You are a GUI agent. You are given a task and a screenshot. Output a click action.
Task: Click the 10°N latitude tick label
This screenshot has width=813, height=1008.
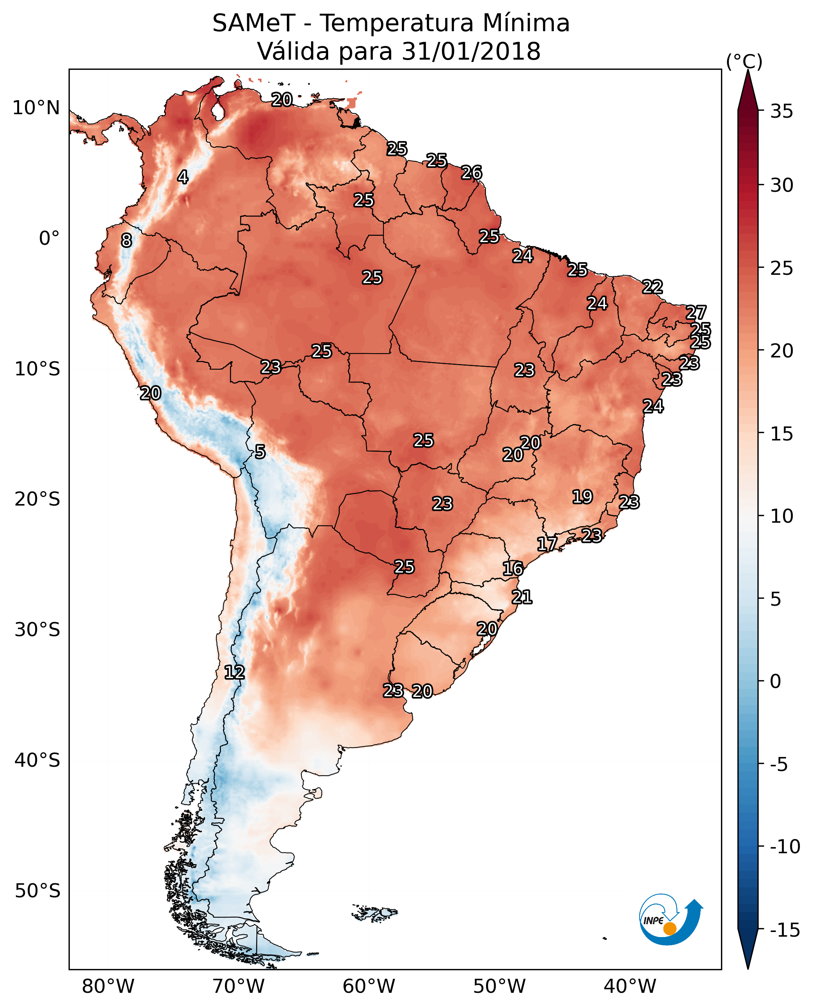[36, 108]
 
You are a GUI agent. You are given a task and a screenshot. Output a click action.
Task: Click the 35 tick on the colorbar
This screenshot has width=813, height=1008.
[781, 111]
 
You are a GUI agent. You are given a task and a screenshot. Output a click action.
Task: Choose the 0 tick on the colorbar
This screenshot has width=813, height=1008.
[776, 681]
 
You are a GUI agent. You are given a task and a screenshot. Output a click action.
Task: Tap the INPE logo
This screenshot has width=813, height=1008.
[671, 920]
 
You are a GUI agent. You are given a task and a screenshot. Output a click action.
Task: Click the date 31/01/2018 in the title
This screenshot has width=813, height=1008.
[471, 51]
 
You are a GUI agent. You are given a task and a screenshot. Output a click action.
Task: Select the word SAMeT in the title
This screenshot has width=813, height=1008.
[253, 23]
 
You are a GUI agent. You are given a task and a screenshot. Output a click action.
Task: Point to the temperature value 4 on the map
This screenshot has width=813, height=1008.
[183, 177]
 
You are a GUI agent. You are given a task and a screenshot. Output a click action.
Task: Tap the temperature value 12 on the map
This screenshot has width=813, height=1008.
[234, 673]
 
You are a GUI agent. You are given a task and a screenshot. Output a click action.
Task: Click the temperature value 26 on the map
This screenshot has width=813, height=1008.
[471, 173]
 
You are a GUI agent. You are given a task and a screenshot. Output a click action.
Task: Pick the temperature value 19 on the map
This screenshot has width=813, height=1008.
[582, 497]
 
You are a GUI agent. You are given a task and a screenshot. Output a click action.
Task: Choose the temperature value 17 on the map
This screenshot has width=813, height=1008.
[546, 544]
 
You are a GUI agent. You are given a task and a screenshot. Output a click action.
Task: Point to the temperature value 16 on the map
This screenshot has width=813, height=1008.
[513, 569]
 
